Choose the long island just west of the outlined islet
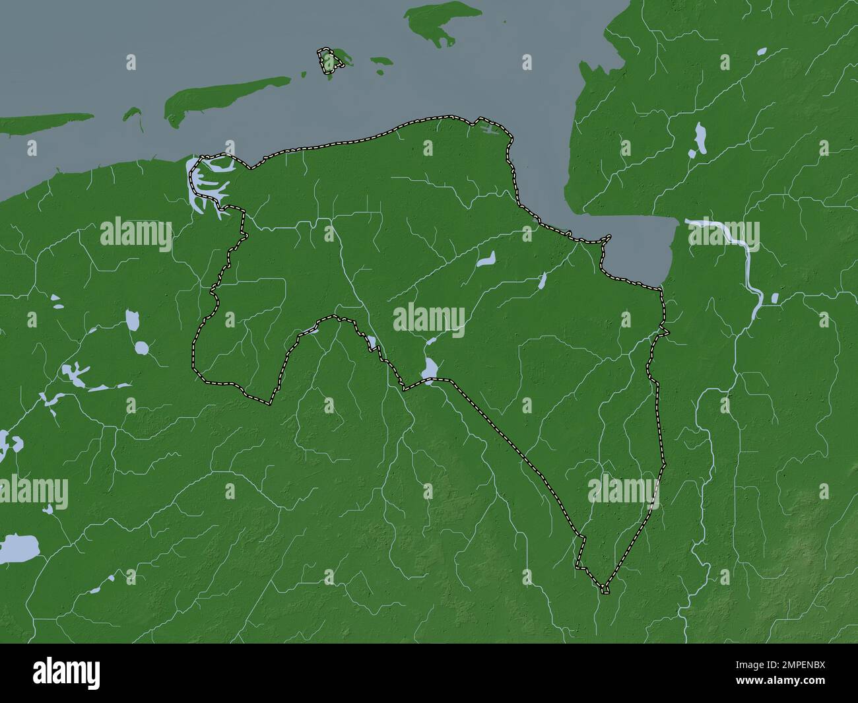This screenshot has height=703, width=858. pos(224,95)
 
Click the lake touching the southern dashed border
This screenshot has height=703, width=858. pos(430,370)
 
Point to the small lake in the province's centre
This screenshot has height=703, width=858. pos(486,259)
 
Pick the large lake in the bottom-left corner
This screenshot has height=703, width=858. pos(16,548)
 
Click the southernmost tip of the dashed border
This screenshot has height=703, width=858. pos(604,588)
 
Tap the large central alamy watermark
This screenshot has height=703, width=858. pos(430,319)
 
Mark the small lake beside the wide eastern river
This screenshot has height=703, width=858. pos(774,298)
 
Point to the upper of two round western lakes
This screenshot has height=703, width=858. pos(133,321)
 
